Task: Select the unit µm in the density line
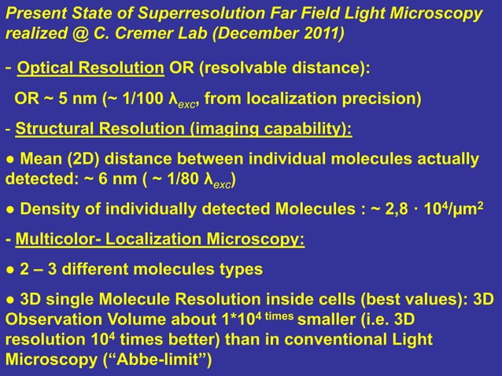[474, 210]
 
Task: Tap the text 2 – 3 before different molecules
[42, 270]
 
